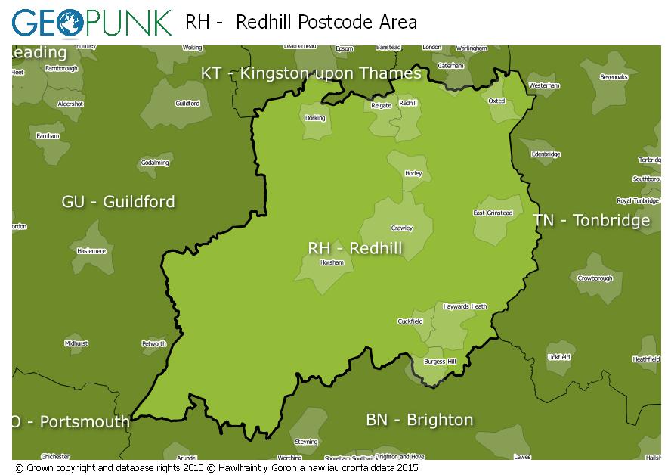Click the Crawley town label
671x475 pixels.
point(401,228)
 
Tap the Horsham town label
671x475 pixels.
point(332,262)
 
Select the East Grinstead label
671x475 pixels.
point(493,213)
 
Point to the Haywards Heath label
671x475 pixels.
point(465,306)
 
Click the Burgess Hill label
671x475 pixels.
point(440,362)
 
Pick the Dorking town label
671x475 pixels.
point(314,118)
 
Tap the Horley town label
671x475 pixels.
point(413,173)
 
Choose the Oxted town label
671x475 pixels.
point(496,100)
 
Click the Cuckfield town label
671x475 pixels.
point(410,321)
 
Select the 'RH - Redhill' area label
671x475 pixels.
point(354,248)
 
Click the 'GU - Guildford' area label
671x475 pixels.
point(118,201)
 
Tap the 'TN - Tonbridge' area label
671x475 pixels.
point(591,220)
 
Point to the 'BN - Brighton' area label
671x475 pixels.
point(419,420)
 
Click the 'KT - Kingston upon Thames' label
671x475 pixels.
point(311,73)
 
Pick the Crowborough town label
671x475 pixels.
point(595,278)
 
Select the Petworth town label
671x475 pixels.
point(154,343)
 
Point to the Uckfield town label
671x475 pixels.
point(558,356)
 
